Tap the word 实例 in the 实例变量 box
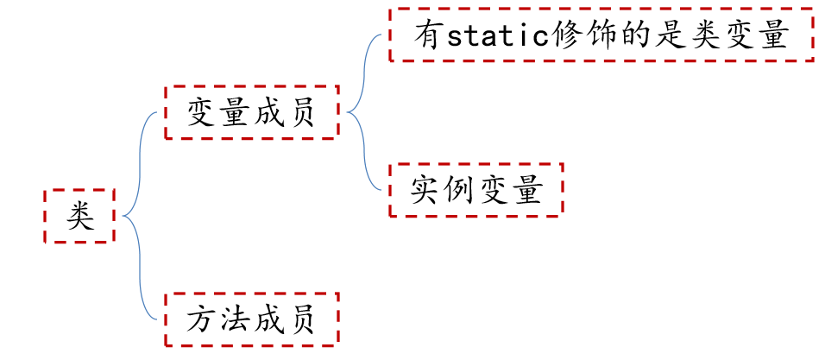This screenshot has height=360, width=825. coord(443,191)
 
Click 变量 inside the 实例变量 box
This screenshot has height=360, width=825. coord(509,191)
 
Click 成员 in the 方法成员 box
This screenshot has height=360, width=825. coord(284,319)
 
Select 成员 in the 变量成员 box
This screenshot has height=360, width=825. coord(284,112)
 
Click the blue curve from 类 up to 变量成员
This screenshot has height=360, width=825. coord(140,163)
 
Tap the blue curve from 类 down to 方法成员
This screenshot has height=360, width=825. coord(140,268)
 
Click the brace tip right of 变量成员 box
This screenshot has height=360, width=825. coord(347,112)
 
